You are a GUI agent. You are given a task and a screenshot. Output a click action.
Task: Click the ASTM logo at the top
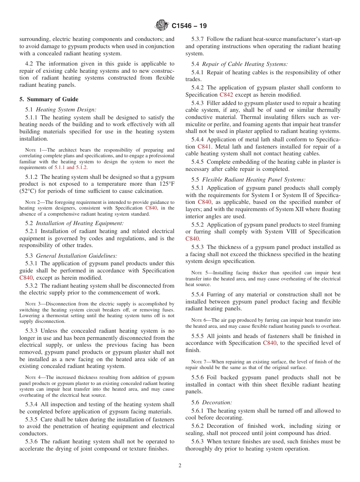pyautogui.click(x=162, y=26)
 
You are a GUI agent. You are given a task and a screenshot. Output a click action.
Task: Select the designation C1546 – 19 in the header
pyautogui.click(x=189, y=26)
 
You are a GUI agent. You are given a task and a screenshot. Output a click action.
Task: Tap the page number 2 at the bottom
pyautogui.click(x=180, y=466)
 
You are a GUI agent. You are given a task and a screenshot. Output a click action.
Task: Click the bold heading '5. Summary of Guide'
pyautogui.click(x=49, y=99)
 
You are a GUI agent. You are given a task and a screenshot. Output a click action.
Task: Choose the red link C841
pyautogui.click(x=204, y=146)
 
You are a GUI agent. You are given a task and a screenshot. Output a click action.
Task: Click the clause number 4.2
pyautogui.click(x=30, y=64)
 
